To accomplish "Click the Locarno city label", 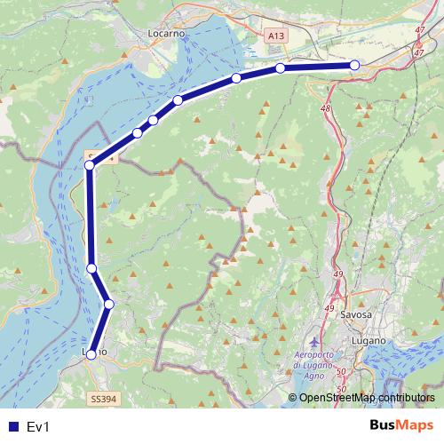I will pyautogui.click(x=165, y=32).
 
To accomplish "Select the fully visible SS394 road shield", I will pyautogui.click(x=103, y=400).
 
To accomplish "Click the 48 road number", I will pyautogui.click(x=326, y=108).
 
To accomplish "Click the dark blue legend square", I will pyautogui.click(x=12, y=427).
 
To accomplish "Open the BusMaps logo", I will pyautogui.click(x=401, y=425).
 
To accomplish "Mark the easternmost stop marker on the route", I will pyautogui.click(x=354, y=65).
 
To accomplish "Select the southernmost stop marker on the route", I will pyautogui.click(x=91, y=354).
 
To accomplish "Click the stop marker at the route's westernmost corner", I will pyautogui.click(x=90, y=164).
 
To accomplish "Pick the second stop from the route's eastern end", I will pyautogui.click(x=280, y=68).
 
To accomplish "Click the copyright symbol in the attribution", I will pyautogui.click(x=292, y=397).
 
